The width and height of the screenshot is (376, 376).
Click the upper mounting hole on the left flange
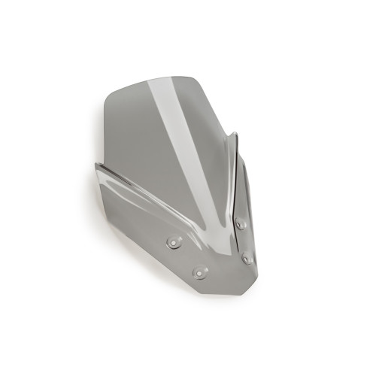click(x=174, y=243)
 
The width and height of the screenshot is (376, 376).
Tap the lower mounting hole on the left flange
click(x=199, y=272)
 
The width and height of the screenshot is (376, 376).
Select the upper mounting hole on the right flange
click(x=241, y=223)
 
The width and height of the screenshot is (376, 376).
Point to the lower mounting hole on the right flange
click(x=247, y=259)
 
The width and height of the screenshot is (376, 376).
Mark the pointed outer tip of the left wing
click(x=96, y=167)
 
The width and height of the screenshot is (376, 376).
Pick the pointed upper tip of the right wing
click(x=235, y=135)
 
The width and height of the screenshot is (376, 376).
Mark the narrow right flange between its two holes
click(x=244, y=241)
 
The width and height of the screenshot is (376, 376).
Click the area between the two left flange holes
click(x=186, y=258)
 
